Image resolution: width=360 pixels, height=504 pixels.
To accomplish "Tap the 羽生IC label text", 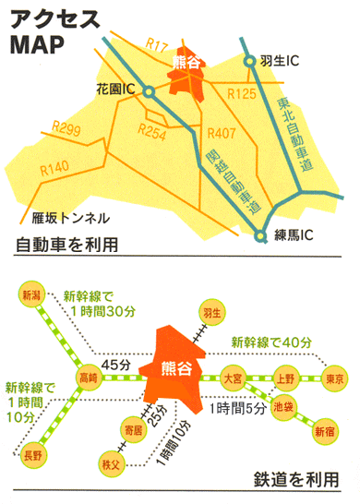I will click(280, 61).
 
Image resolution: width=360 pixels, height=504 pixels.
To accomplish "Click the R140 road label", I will click(55, 169).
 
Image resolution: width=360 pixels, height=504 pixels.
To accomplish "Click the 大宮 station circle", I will click(231, 377).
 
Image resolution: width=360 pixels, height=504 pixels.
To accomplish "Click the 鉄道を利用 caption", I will click(293, 481).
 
